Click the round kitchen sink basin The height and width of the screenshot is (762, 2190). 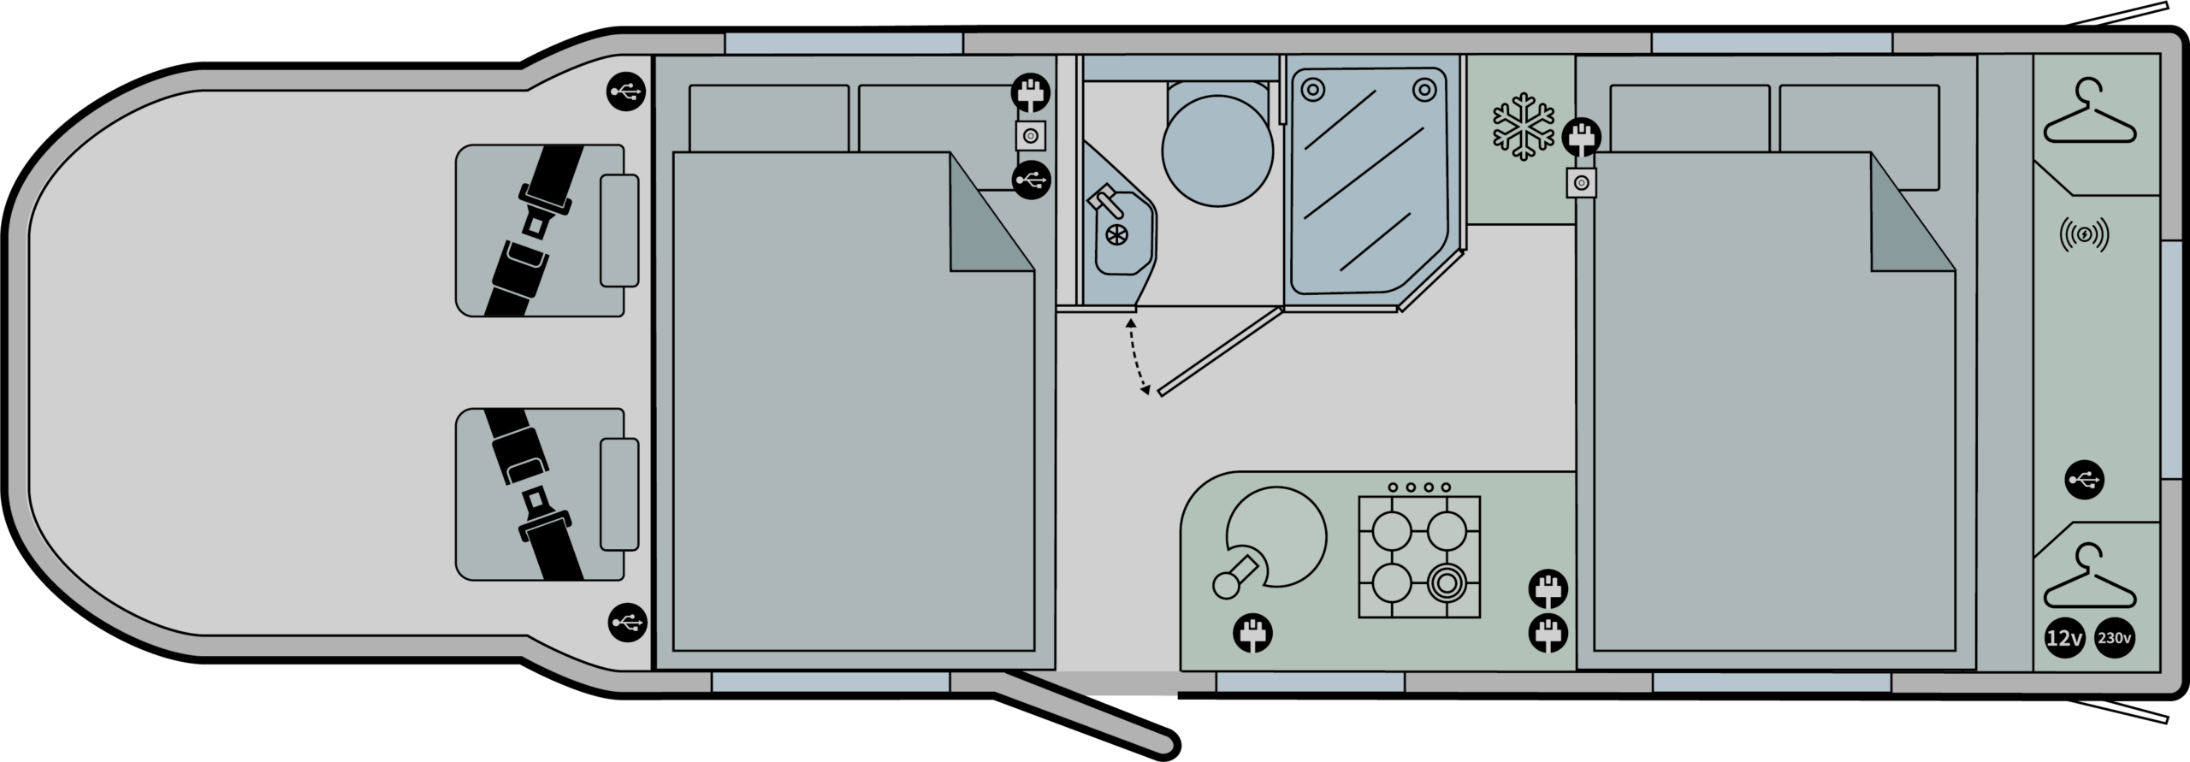[x=1277, y=537]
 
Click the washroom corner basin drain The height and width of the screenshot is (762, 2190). [x=1116, y=237]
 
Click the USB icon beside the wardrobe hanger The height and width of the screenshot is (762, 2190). [x=2084, y=480]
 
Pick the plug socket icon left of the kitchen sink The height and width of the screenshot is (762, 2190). [x=1252, y=634]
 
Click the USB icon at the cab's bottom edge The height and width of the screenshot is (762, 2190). [x=627, y=622]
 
